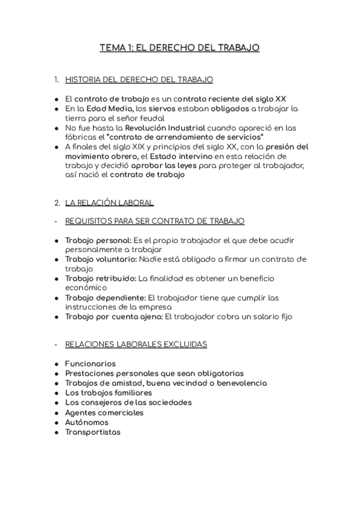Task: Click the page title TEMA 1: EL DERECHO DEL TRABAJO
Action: [x=179, y=48]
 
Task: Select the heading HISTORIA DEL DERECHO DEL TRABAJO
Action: [x=139, y=79]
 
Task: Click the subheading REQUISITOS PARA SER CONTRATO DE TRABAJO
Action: [x=155, y=221]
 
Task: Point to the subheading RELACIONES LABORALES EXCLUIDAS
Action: [x=136, y=345]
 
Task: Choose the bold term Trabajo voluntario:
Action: [x=101, y=259]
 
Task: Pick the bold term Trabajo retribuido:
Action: [x=100, y=279]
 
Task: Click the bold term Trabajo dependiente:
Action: [x=105, y=298]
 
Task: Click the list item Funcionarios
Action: [x=90, y=364]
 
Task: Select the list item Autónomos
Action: [x=88, y=423]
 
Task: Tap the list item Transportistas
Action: [x=92, y=432]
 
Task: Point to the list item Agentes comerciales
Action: [x=104, y=413]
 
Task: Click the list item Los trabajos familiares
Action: [x=108, y=393]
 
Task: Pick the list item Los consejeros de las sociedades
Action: [x=128, y=402]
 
